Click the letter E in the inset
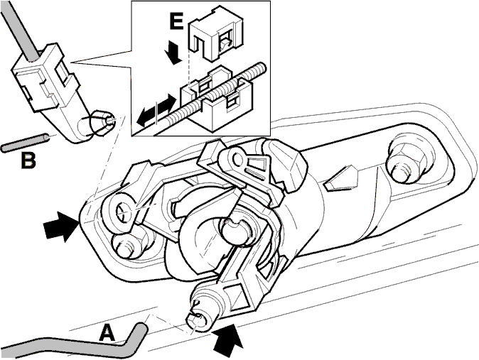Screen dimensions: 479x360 coord(176,21)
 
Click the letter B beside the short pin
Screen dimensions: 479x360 coord(28,160)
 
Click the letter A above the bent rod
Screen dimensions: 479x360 coord(107,333)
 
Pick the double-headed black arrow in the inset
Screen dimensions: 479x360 coord(156,109)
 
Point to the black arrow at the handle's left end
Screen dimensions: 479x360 coord(61,225)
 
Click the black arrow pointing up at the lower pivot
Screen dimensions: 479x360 coord(227,340)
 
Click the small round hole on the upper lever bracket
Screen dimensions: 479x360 coord(237,158)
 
